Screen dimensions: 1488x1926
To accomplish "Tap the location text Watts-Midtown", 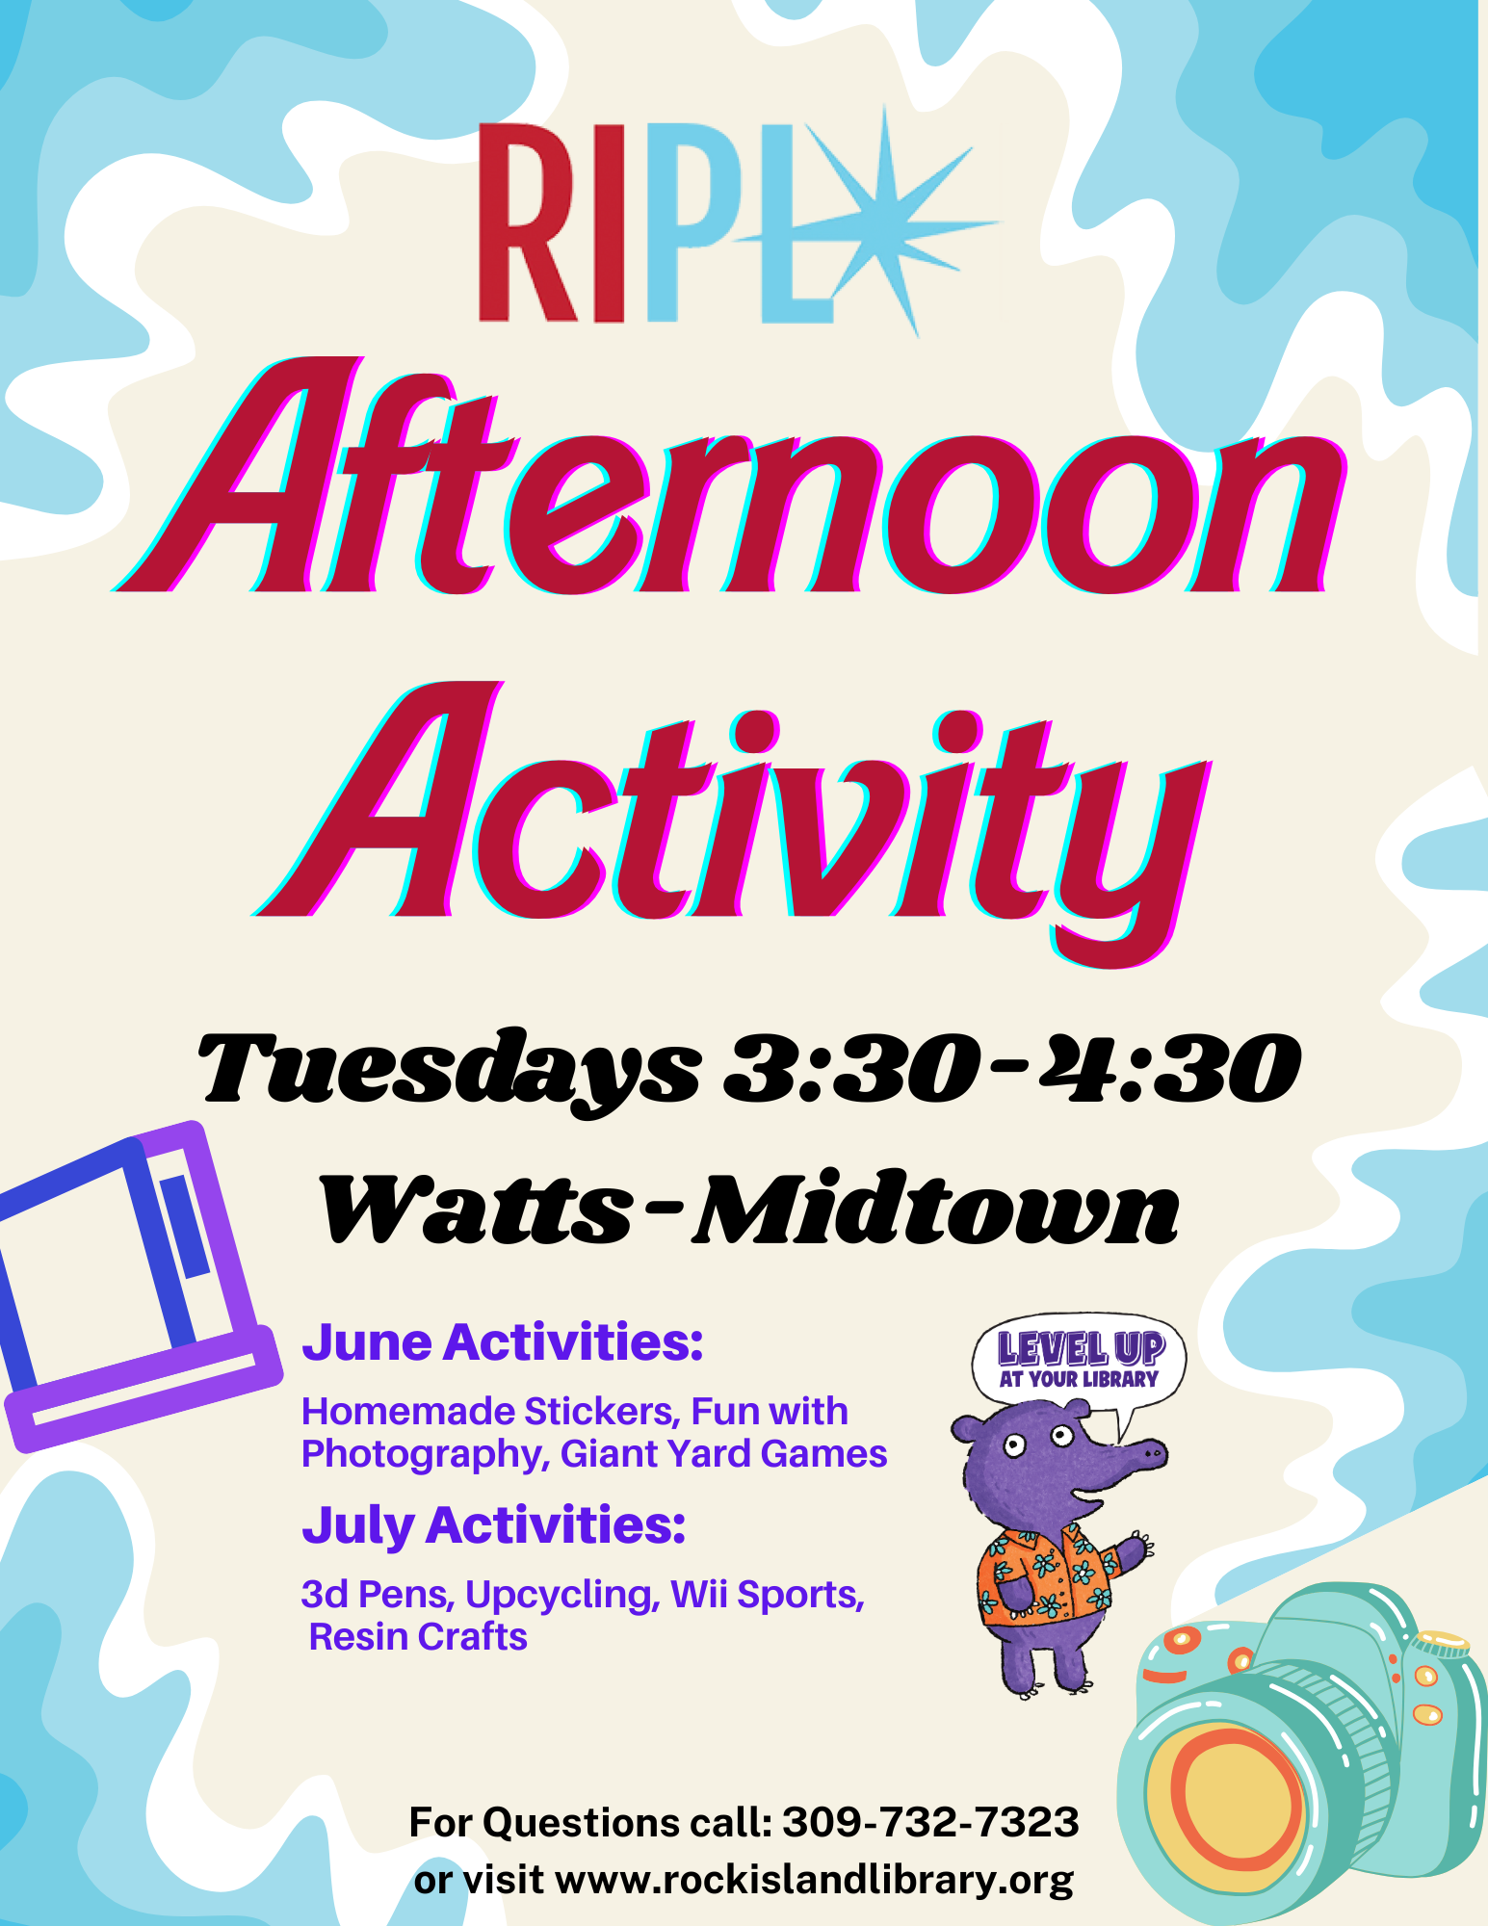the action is (x=748, y=1209).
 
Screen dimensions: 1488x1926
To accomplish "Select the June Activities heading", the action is (x=503, y=1342).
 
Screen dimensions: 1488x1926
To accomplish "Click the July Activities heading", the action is (x=493, y=1525).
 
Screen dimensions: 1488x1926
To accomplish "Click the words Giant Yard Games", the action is (x=723, y=1454).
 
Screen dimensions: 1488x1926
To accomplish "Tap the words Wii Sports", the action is (x=767, y=1595).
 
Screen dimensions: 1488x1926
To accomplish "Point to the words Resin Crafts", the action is (x=418, y=1637).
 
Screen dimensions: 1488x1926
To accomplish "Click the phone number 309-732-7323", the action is (x=930, y=1823).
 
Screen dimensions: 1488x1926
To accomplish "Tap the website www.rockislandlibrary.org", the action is (x=815, y=1880).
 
